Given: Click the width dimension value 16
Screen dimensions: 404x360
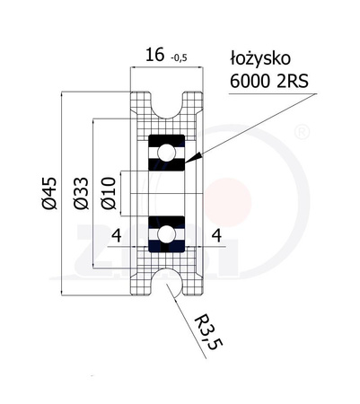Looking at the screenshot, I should tap(154, 57).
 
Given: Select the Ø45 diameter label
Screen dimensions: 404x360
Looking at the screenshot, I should tap(50, 192).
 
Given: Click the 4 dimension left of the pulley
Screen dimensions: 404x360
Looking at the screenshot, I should tap(115, 235).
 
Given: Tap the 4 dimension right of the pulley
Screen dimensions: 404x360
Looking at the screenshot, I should tap(215, 235).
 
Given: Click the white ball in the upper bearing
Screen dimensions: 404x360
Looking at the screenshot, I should tap(165, 154).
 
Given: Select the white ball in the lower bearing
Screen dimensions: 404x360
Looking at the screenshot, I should tap(165, 235).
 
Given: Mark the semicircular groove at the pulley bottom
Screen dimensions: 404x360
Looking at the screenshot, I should tap(165, 282).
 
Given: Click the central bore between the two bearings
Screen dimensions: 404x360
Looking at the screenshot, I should tap(165, 194).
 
